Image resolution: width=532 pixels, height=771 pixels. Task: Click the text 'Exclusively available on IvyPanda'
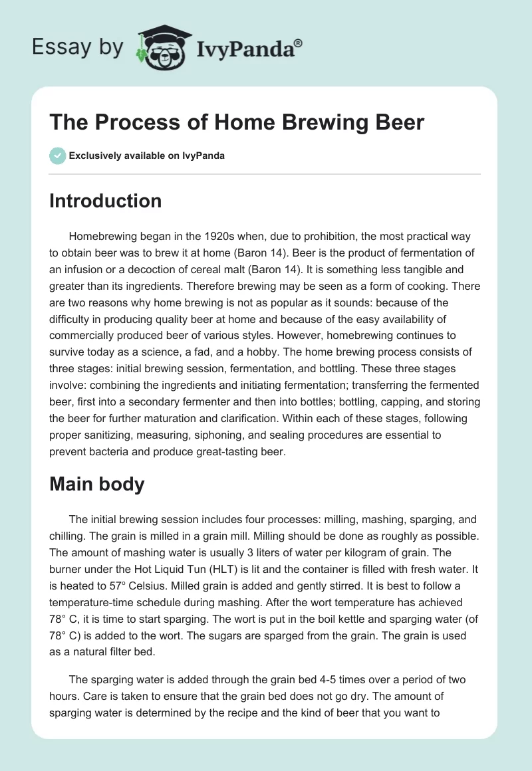pyautogui.click(x=146, y=156)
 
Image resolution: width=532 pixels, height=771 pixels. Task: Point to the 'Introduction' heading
pyautogui.click(x=105, y=201)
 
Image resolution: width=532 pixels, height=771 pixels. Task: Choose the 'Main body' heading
pyautogui.click(x=96, y=484)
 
